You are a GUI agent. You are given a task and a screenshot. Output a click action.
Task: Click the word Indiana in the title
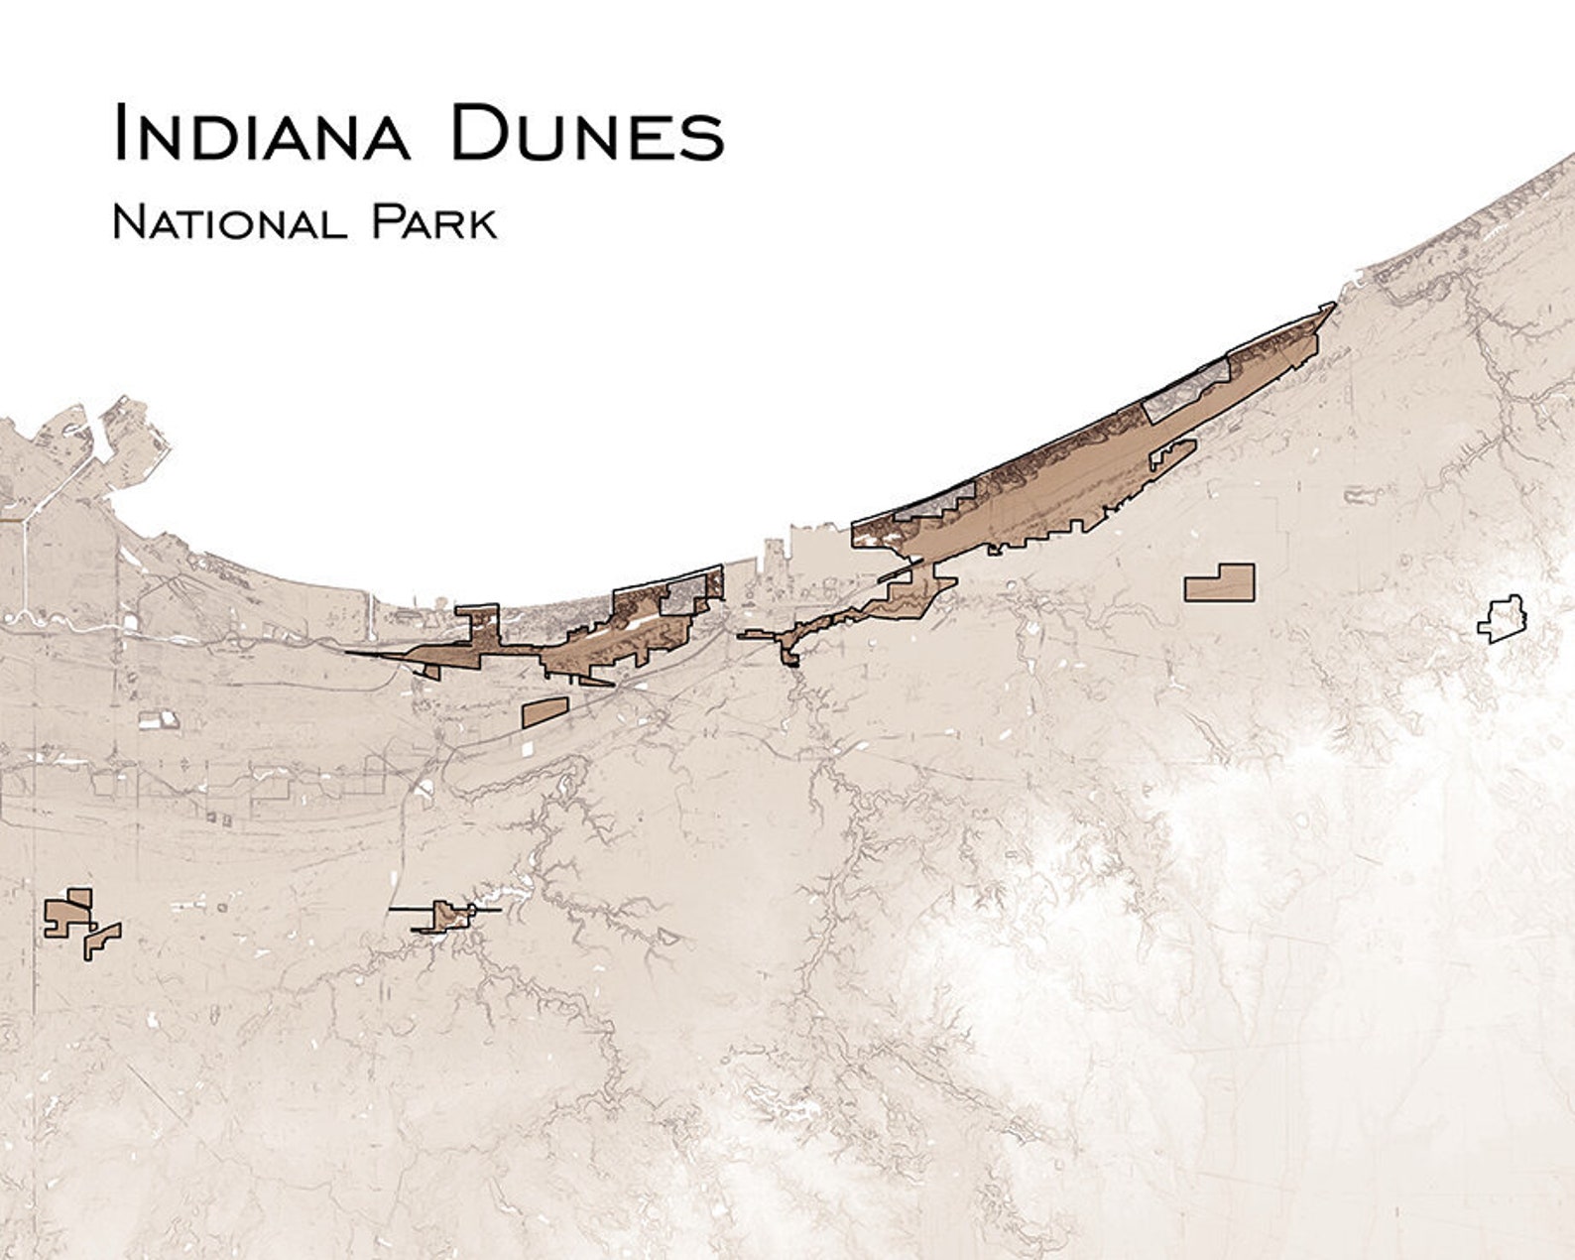point(261,133)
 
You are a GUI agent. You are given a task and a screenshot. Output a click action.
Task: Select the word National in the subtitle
point(229,223)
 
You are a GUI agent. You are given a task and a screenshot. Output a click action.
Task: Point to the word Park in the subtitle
point(433,223)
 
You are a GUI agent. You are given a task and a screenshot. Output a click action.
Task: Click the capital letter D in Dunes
point(479,133)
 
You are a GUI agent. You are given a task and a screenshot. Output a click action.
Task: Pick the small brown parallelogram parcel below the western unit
point(544,711)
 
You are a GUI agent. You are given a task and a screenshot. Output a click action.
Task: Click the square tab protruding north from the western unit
point(477,621)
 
